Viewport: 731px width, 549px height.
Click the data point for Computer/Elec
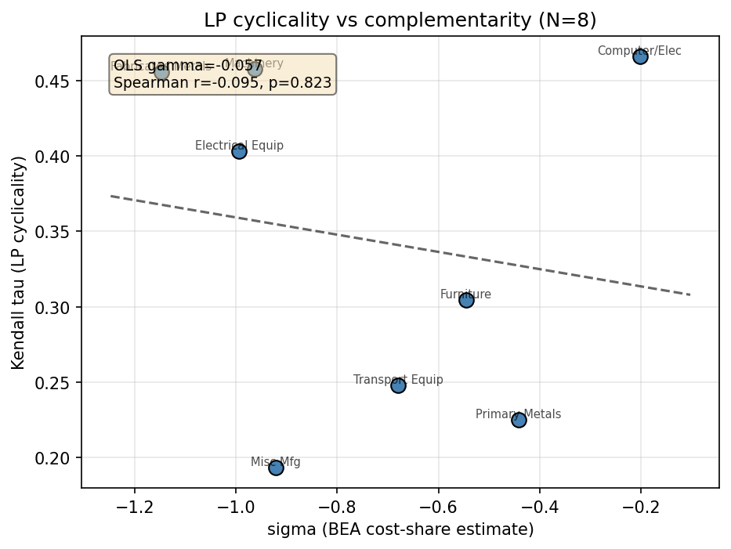[x=640, y=56]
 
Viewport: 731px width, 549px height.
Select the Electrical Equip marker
[x=239, y=151]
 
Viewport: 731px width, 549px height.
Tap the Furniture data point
[x=466, y=300]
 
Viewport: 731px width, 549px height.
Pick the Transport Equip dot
[x=398, y=385]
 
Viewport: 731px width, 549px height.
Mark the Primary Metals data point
[x=519, y=420]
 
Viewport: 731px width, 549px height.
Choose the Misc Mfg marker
[x=276, y=468]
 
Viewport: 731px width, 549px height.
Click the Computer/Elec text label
[x=639, y=52]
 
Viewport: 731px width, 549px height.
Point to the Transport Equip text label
[x=398, y=380]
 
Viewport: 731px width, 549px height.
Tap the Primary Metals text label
[x=518, y=414]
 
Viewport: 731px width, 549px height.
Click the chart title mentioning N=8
[x=400, y=20]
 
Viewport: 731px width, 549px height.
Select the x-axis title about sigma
[x=400, y=530]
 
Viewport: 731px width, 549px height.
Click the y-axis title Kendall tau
[x=19, y=262]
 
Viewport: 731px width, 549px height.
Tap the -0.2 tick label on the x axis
[x=640, y=505]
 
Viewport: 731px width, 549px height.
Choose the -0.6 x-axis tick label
[x=438, y=505]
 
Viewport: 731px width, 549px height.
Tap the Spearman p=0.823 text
[x=223, y=83]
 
